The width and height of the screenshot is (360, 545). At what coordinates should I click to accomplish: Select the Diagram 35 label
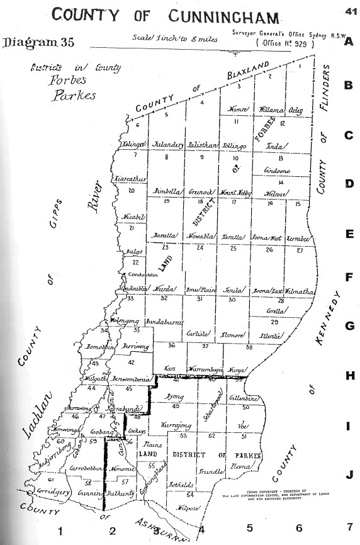(39, 43)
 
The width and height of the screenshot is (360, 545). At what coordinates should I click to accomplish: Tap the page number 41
(350, 10)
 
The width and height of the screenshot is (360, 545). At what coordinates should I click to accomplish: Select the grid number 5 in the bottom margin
(250, 528)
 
